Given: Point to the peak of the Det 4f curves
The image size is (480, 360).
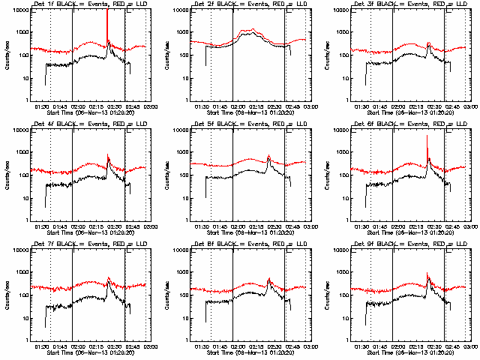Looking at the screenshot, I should point(107,156).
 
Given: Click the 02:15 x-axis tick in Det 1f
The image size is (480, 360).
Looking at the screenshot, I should point(97,106).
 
